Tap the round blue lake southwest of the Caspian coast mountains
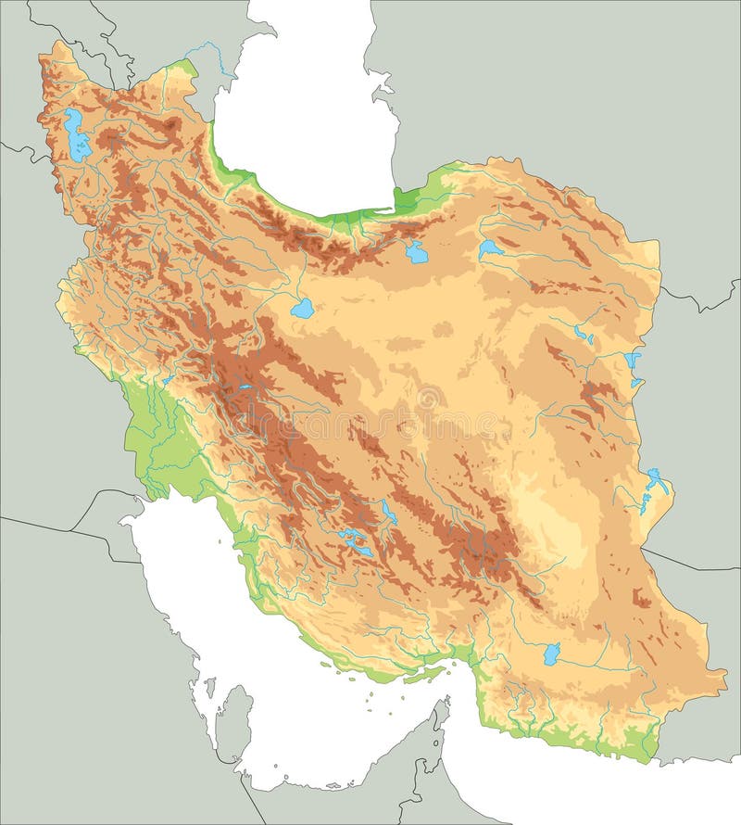pos(301,309)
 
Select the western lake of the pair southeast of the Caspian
pos(417,251)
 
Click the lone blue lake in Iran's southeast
pos(551,654)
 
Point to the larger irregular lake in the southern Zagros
pos(354,543)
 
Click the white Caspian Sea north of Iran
pos(306,121)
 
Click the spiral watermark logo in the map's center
pos(428,400)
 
